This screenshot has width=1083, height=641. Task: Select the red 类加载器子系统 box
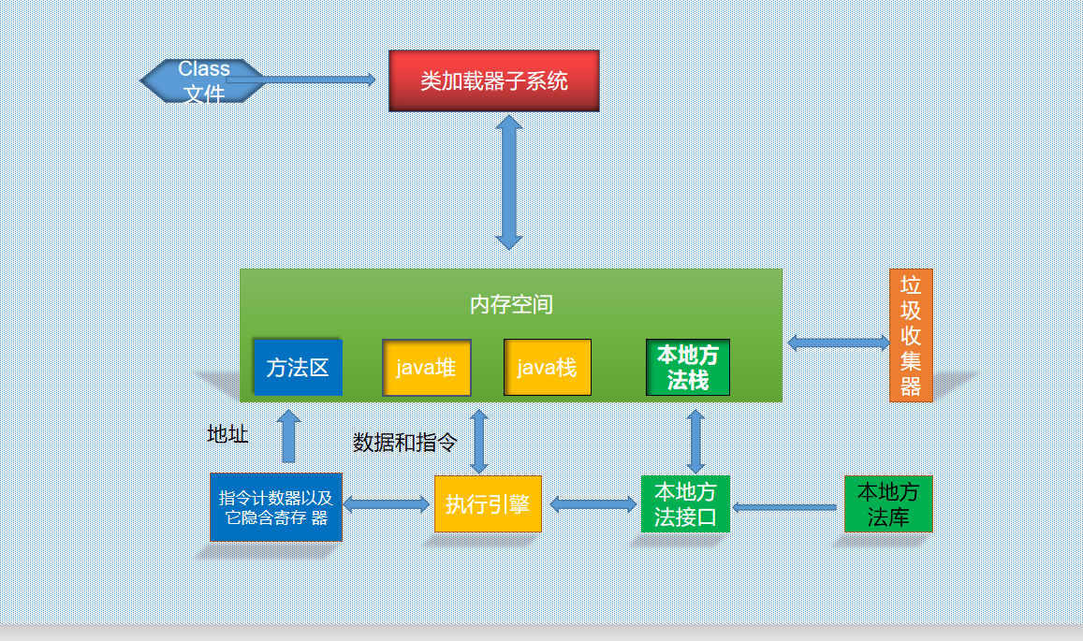tap(493, 80)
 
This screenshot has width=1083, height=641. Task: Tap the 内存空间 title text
tap(510, 304)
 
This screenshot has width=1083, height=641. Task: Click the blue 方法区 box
tap(298, 367)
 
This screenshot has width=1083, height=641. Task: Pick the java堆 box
tap(426, 367)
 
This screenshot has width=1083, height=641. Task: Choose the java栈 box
tap(547, 367)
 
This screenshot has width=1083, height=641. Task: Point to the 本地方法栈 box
tap(687, 368)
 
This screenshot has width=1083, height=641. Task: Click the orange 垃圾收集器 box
tap(910, 335)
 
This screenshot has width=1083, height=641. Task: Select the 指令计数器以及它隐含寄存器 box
tap(276, 506)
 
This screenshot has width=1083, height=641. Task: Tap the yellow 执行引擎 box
tap(488, 504)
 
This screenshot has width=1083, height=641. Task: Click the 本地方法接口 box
tap(685, 504)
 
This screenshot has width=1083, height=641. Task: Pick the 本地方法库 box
tap(887, 503)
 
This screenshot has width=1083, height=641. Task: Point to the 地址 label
tap(227, 434)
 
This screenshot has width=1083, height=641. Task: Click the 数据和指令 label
tap(405, 443)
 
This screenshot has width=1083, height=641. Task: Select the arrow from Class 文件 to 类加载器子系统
tap(309, 80)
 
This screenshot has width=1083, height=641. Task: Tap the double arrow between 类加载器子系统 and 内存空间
tap(509, 182)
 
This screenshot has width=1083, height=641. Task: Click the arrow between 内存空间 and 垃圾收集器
tap(837, 342)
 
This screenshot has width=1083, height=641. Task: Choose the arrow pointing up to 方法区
tap(288, 435)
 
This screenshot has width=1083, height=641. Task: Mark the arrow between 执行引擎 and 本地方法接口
tap(593, 504)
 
